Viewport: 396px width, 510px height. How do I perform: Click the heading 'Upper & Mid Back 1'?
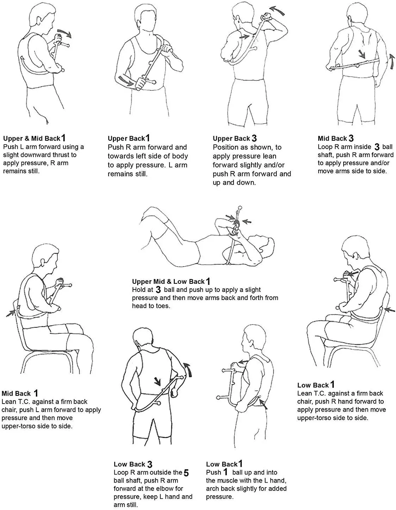34,138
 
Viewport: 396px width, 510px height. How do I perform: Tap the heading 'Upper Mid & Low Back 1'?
171,281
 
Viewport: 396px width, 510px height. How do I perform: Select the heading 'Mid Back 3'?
336,138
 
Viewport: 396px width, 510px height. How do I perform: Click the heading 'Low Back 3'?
133,464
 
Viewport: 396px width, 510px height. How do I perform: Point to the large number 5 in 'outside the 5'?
186,473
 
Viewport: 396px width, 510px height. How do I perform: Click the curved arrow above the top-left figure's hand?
64,33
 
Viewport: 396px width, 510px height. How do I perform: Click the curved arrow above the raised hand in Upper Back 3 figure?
277,11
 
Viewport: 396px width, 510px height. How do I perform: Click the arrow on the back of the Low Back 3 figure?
157,381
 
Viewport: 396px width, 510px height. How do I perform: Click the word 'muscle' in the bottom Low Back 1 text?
232,480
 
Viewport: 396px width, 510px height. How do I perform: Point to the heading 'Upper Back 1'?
129,138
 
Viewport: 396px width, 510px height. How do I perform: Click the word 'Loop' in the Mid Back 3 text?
325,147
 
